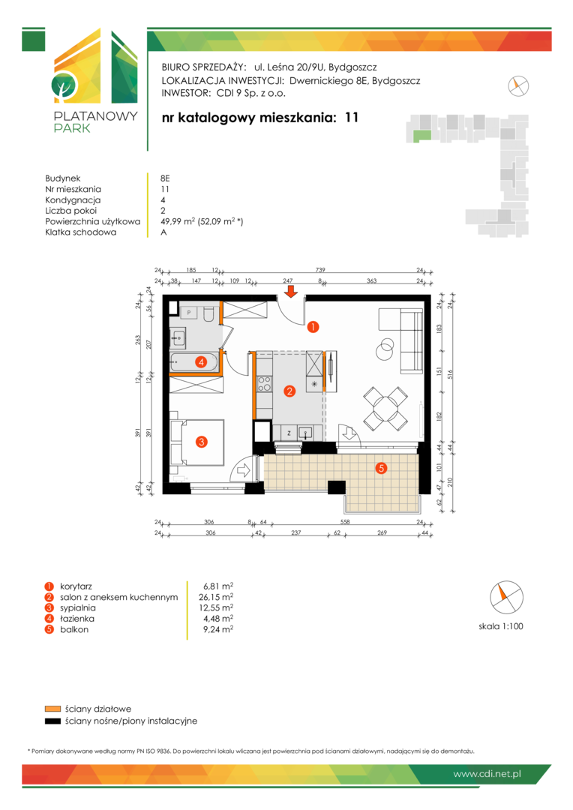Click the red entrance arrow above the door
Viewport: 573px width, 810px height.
tap(292, 292)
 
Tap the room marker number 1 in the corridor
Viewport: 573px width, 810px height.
tap(313, 326)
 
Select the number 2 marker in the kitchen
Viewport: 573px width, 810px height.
tap(289, 391)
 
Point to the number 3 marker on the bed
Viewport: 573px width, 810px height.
tap(202, 442)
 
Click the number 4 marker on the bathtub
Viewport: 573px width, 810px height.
tap(201, 362)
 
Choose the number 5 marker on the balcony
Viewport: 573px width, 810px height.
tap(381, 468)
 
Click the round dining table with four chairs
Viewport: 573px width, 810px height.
tap(385, 409)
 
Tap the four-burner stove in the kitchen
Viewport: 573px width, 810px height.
tap(264, 383)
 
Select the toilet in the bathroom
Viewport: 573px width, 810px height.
tap(208, 314)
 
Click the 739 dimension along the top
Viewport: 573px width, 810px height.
tap(320, 270)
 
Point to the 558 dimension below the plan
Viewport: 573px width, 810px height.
tap(345, 522)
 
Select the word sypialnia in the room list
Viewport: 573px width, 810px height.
tap(77, 608)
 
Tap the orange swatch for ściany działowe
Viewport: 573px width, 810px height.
tap(52, 709)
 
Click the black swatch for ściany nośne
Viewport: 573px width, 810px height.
tap(52, 721)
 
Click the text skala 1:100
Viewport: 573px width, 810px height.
tap(501, 626)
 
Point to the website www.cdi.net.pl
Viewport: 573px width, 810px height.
tap(487, 774)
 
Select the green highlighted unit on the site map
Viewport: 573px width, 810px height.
tap(421, 136)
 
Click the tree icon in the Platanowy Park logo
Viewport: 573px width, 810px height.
tap(64, 86)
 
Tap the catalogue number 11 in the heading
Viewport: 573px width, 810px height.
tap(351, 118)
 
